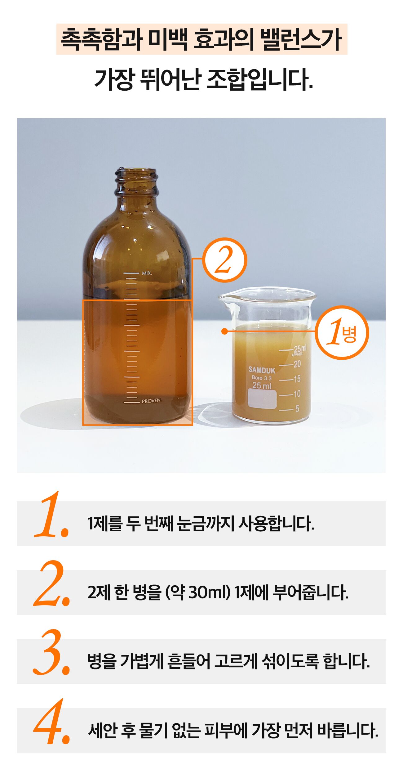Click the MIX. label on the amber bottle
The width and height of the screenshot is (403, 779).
[147, 273]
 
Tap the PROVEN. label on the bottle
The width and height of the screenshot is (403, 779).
[152, 401]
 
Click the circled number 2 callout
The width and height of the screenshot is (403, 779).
[225, 260]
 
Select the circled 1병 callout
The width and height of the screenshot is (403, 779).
[342, 333]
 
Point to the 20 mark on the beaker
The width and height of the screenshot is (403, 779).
[297, 364]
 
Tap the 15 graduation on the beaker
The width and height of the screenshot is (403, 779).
[297, 379]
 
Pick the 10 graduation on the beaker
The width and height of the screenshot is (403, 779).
[297, 394]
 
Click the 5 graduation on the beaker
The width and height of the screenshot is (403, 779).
[297, 409]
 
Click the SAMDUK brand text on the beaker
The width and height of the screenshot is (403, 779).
[262, 370]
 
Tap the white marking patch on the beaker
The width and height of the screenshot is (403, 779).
[262, 399]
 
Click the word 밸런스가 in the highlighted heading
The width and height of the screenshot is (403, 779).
[301, 39]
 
